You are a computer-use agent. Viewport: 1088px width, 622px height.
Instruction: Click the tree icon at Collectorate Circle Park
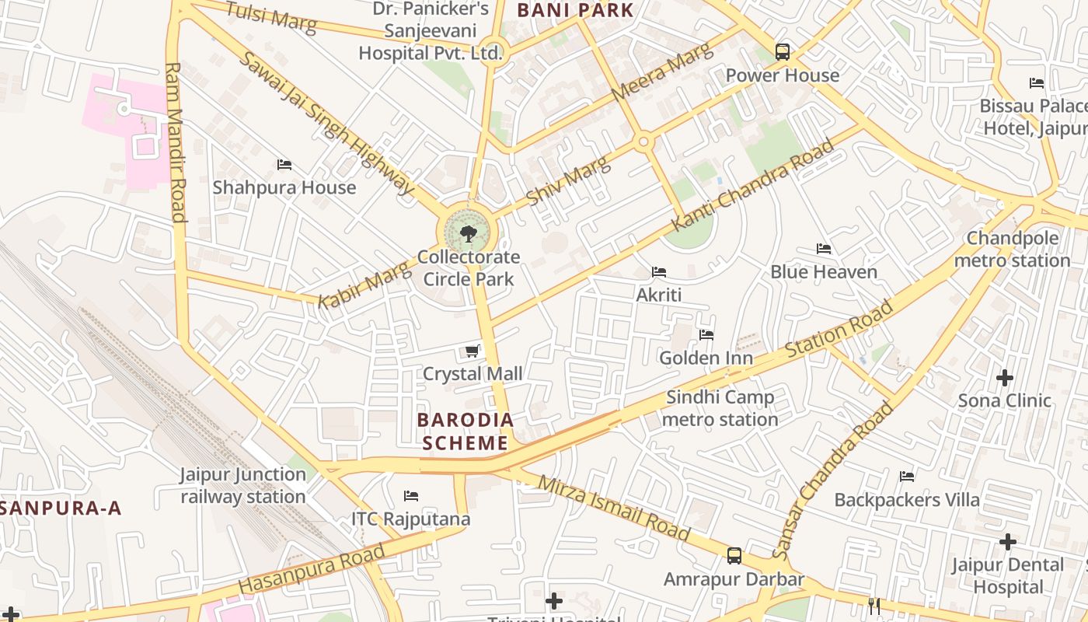(x=468, y=232)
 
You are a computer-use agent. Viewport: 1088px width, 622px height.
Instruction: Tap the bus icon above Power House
(x=783, y=52)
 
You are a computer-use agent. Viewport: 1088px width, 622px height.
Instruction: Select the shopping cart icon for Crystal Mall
(x=472, y=351)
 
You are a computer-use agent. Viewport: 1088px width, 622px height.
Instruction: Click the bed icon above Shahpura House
(x=284, y=165)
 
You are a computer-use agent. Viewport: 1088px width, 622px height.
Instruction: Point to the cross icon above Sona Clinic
(x=1005, y=378)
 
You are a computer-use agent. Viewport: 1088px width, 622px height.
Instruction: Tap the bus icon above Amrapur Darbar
(x=734, y=556)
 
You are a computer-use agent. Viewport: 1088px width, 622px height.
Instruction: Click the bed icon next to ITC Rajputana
(x=411, y=496)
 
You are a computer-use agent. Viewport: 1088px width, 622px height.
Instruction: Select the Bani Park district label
(x=575, y=10)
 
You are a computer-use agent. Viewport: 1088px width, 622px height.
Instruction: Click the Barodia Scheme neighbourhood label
(x=466, y=432)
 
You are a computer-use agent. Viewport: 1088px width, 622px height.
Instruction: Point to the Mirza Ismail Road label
(x=614, y=508)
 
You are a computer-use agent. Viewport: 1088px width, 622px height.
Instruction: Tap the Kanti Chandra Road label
(x=752, y=184)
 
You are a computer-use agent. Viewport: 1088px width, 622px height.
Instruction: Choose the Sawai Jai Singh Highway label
(x=326, y=122)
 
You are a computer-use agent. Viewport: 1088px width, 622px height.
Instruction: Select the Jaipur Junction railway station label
(x=243, y=485)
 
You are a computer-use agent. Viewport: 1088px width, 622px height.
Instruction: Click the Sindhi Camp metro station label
(x=720, y=408)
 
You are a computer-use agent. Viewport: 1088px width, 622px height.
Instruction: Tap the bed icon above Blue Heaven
(x=824, y=249)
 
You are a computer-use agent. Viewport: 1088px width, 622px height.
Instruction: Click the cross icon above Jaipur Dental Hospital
(x=1008, y=541)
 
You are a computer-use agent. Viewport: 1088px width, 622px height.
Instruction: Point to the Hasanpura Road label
(x=312, y=568)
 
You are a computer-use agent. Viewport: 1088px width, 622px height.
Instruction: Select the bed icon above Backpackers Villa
(x=907, y=477)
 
